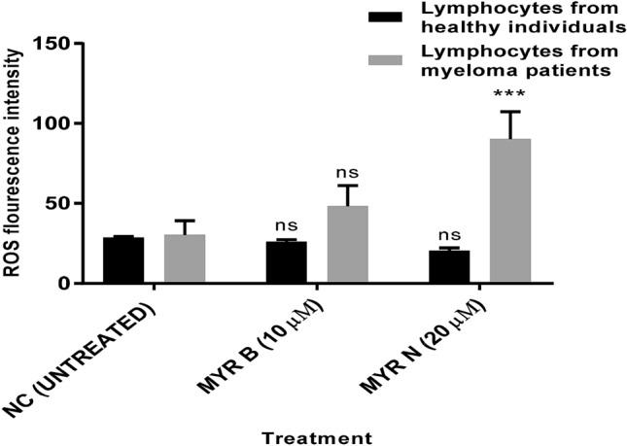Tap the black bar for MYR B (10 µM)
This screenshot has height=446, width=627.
pyautogui.click(x=287, y=262)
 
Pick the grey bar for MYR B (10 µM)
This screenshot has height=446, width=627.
pyautogui.click(x=347, y=244)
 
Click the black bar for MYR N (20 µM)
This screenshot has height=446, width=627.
pyautogui.click(x=449, y=266)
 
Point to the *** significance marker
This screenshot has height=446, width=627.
pyautogui.click(x=509, y=94)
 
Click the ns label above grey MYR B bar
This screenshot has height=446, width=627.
pyautogui.click(x=347, y=173)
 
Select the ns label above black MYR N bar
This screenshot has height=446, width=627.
pyautogui.click(x=449, y=234)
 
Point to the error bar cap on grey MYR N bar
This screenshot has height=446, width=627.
pyautogui.click(x=509, y=111)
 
